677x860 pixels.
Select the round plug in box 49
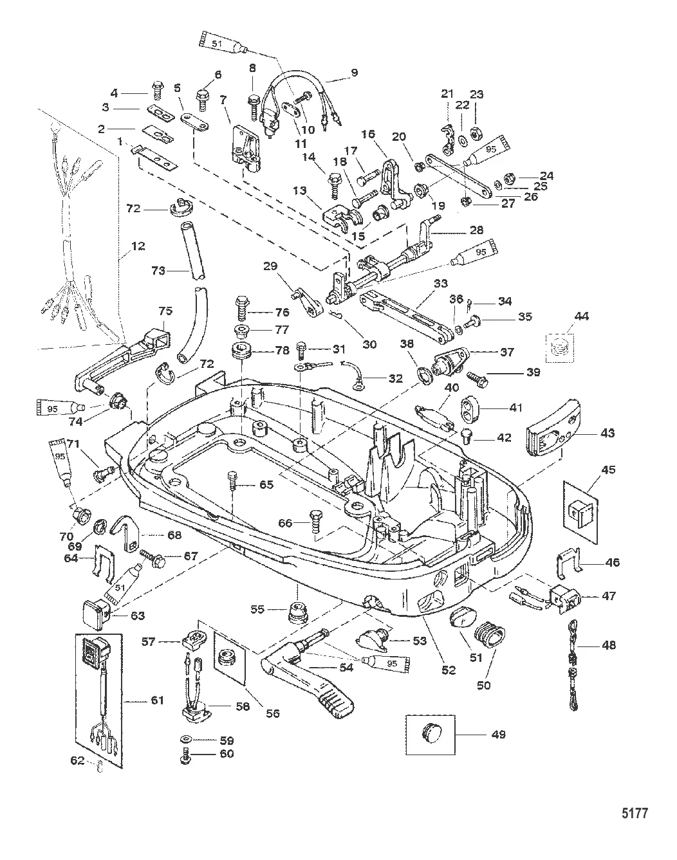[x=431, y=733]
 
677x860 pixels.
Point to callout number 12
[x=137, y=245]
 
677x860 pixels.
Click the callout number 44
[x=581, y=316]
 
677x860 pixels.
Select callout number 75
[x=166, y=311]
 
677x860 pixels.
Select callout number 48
[x=609, y=645]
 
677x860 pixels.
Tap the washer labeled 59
[x=186, y=740]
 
